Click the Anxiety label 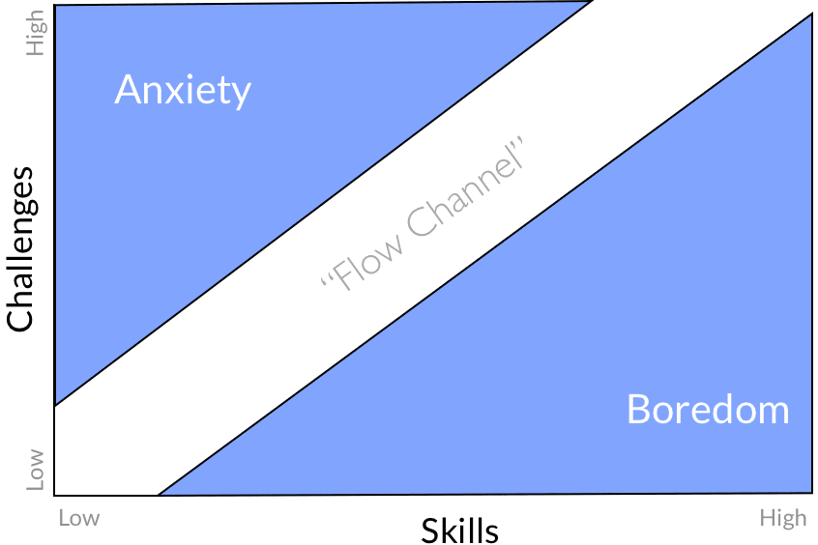click(183, 90)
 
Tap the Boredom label click(708, 409)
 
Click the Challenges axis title click(20, 249)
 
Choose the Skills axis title click(459, 531)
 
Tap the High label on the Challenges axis click(36, 33)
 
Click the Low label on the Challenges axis click(36, 469)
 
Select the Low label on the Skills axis click(79, 518)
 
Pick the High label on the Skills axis click(782, 518)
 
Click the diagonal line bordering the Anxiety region click(319, 205)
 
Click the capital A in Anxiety click(127, 90)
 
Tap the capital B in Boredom click(638, 409)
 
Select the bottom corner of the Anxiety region click(57, 404)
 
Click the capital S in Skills click(430, 531)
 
